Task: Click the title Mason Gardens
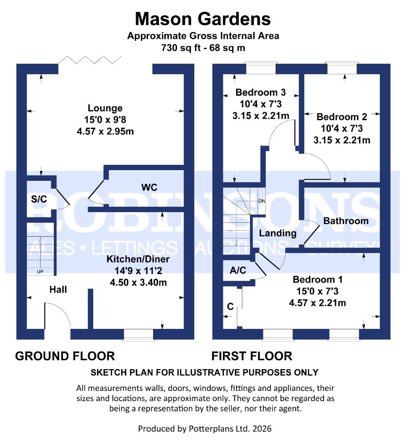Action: [x=203, y=19]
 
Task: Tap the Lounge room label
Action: [x=105, y=108]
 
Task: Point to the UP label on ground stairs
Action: [x=40, y=271]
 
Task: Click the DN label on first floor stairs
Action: [x=261, y=201]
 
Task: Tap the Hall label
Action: [x=58, y=289]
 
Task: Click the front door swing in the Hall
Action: [x=58, y=314]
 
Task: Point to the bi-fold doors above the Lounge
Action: [x=90, y=60]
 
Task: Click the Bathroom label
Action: [x=346, y=221]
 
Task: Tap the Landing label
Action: [x=278, y=233]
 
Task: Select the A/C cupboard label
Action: [x=237, y=270]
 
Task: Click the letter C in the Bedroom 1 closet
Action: [x=230, y=307]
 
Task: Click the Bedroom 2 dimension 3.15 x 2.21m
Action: [x=342, y=140]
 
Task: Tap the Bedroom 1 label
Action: [x=318, y=280]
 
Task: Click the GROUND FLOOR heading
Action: [x=65, y=356]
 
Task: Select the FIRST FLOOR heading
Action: [x=251, y=356]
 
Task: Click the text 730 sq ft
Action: [x=180, y=48]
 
